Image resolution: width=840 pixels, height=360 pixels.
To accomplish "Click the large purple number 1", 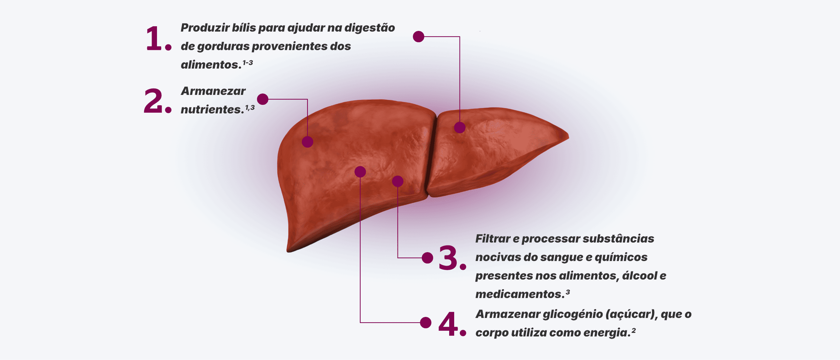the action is click(x=154, y=38).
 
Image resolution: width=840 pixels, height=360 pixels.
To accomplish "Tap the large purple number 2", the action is click(x=153, y=101).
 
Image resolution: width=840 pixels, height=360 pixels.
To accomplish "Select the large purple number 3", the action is click(x=448, y=258).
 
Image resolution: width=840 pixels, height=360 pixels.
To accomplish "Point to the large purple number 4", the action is click(x=448, y=324).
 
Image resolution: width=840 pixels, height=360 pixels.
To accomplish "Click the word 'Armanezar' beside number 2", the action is click(x=213, y=91).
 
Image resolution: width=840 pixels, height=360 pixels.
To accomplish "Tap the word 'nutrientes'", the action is click(x=212, y=110).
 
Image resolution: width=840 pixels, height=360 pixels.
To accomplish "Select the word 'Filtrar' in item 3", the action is click(x=493, y=238).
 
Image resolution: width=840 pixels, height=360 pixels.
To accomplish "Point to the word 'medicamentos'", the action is click(x=520, y=294).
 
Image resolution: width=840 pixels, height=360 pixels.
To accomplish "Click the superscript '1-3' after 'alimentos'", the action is click(x=248, y=63).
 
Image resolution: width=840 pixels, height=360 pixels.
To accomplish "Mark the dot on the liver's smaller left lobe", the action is click(x=460, y=127).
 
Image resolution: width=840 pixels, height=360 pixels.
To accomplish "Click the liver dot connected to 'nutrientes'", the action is click(x=308, y=142).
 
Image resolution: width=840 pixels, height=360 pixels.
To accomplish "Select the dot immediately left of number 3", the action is click(x=427, y=258).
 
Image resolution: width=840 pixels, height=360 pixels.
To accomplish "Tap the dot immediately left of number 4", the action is click(x=426, y=322).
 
